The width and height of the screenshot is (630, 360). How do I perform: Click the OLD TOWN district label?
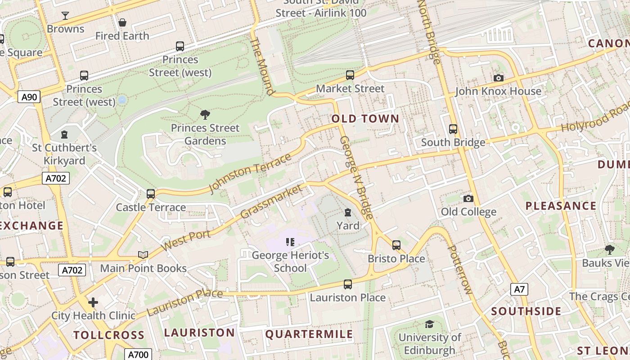click(x=365, y=119)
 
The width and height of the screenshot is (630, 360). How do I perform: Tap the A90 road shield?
click(x=29, y=97)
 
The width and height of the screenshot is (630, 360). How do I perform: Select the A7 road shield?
click(x=519, y=289)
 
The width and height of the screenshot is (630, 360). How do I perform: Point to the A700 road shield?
click(x=138, y=355)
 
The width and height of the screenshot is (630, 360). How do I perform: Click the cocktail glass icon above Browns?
click(x=65, y=16)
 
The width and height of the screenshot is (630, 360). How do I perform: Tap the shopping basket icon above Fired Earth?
click(x=122, y=22)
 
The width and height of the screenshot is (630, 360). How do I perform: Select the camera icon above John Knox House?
click(x=498, y=78)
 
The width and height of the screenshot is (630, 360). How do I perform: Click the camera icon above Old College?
click(x=468, y=198)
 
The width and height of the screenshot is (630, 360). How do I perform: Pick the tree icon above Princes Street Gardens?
click(x=205, y=115)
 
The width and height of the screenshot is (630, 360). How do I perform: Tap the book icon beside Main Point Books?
click(x=143, y=255)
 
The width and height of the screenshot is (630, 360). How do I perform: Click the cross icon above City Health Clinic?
click(x=93, y=302)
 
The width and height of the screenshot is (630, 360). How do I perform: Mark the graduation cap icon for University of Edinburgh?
click(x=429, y=324)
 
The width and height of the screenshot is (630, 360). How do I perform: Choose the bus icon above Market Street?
click(x=350, y=75)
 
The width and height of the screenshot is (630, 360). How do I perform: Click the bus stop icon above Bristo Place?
click(x=396, y=245)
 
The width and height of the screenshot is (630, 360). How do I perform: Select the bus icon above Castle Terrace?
click(x=151, y=194)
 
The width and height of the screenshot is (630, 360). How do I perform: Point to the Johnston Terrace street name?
click(x=250, y=173)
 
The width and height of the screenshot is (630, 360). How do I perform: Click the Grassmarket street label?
click(x=271, y=201)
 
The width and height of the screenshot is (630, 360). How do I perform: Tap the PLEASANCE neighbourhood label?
click(x=561, y=206)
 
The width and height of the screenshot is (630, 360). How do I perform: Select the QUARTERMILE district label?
click(x=309, y=334)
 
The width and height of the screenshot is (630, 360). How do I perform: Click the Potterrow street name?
click(x=459, y=270)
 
